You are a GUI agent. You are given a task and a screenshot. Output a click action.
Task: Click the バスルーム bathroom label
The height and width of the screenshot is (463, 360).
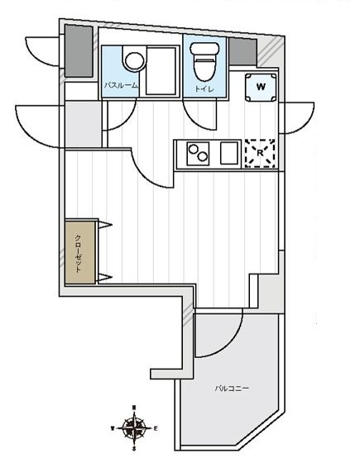(x=121, y=86)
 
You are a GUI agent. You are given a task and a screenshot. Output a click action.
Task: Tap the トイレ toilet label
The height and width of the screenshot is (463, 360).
(x=204, y=88)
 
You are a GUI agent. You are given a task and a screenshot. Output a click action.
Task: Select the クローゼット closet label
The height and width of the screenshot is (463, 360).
(x=78, y=253)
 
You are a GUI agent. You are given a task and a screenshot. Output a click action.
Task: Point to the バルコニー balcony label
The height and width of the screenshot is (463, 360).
(x=232, y=388)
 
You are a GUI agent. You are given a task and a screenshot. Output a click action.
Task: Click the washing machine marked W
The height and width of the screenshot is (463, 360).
(x=261, y=87)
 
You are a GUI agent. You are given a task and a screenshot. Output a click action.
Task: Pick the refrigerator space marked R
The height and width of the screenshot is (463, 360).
(x=260, y=153)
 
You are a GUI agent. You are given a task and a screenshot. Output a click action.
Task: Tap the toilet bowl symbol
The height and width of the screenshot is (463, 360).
(x=204, y=62)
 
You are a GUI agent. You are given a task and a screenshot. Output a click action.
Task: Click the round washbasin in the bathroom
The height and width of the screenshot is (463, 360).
(x=135, y=61)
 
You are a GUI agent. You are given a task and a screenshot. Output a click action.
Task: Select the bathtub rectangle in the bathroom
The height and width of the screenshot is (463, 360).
(x=161, y=71)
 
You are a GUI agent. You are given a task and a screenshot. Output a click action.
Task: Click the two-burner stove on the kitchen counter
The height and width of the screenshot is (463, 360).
(x=198, y=153)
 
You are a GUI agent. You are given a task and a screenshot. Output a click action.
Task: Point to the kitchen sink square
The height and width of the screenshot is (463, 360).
(x=229, y=153)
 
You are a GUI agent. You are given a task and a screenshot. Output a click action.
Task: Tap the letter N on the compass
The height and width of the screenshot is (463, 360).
(x=134, y=408)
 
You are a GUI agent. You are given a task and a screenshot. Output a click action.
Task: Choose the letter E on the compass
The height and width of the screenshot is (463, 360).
(x=156, y=428)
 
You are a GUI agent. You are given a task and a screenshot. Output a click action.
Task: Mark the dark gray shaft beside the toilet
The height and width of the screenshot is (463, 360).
(x=243, y=51)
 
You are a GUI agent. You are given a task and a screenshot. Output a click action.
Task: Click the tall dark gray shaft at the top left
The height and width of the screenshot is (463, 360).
(x=79, y=50)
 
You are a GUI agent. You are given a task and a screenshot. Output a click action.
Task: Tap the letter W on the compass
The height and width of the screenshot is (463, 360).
(x=113, y=428)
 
